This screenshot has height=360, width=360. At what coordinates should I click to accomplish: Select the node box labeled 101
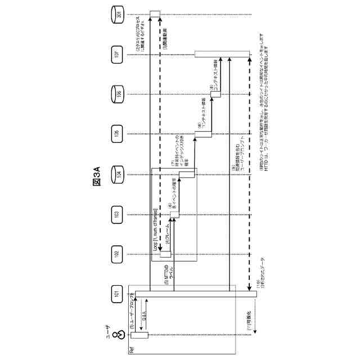(116, 294)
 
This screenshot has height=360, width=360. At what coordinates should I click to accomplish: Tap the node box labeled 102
(116, 254)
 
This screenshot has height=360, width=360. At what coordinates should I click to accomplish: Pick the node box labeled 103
(116, 214)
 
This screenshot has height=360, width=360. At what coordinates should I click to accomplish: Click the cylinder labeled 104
(116, 174)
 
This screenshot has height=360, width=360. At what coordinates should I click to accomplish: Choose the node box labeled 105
(116, 134)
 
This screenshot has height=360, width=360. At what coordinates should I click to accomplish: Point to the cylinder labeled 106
(116, 94)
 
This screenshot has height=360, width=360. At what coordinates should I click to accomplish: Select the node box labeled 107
(116, 54)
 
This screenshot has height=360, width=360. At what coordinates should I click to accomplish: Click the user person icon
(116, 336)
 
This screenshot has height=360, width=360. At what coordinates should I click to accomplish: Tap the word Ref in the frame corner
(131, 349)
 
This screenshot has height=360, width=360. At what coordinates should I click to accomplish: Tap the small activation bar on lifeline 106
(214, 94)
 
